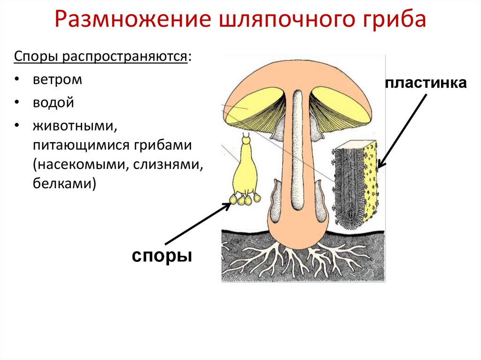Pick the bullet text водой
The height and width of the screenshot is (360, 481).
coord(54,102)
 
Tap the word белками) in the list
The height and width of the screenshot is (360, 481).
coord(64,184)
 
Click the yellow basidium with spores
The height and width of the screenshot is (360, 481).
coord(245,174)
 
